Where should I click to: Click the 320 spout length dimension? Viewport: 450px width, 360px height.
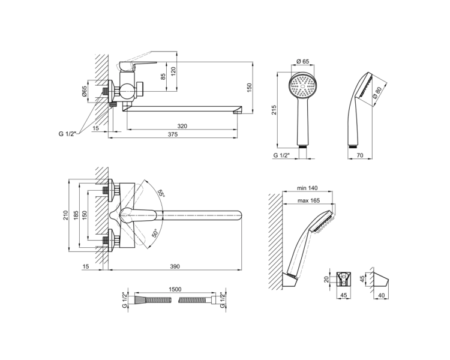pos(182,126)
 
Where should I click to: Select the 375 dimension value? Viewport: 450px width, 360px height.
pos(173,134)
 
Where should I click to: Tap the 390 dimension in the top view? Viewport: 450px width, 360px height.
pos(175,266)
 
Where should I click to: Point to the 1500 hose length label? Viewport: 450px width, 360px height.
pos(175,289)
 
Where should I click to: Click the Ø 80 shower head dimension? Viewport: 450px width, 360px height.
pos(377,93)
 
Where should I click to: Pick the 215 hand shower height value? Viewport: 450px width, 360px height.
pos(274,110)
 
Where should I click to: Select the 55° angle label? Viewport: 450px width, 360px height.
pos(161,193)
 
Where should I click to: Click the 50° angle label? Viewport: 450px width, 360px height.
pos(154,233)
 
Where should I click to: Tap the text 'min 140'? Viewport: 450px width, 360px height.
pos(307,188)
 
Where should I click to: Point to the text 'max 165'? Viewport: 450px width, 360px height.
pos(308,200)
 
